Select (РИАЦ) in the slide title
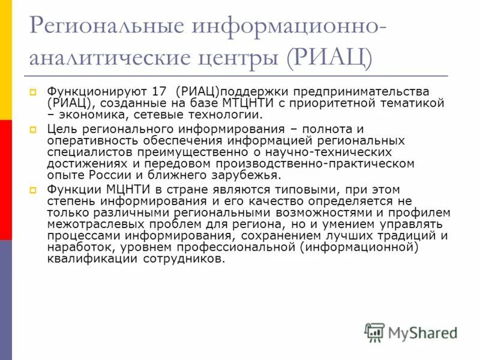pyautogui.click(x=329, y=59)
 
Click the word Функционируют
pyautogui.click(x=94, y=92)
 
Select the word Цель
pyautogui.click(x=61, y=129)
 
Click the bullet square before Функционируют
pyautogui.click(x=34, y=92)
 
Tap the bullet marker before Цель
pyautogui.click(x=34, y=130)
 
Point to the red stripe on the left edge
pyautogui.click(x=5, y=179)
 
